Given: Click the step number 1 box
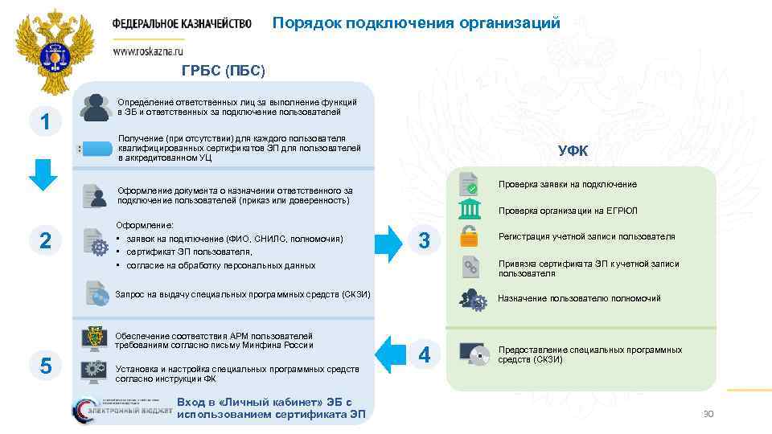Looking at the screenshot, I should (x=46, y=122).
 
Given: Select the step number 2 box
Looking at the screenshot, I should (x=46, y=240).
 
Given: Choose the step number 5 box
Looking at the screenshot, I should (x=46, y=366).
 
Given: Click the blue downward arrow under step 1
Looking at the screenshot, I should (x=46, y=175).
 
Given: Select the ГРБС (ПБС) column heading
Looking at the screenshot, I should (x=223, y=71).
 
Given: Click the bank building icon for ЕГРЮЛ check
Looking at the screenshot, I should (x=469, y=210).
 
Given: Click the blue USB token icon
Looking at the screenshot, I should (x=96, y=149).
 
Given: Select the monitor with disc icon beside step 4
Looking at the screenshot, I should (x=472, y=354).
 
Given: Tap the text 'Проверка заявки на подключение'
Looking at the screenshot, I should (x=568, y=185).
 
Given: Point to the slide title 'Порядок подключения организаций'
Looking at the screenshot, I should (x=416, y=23).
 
